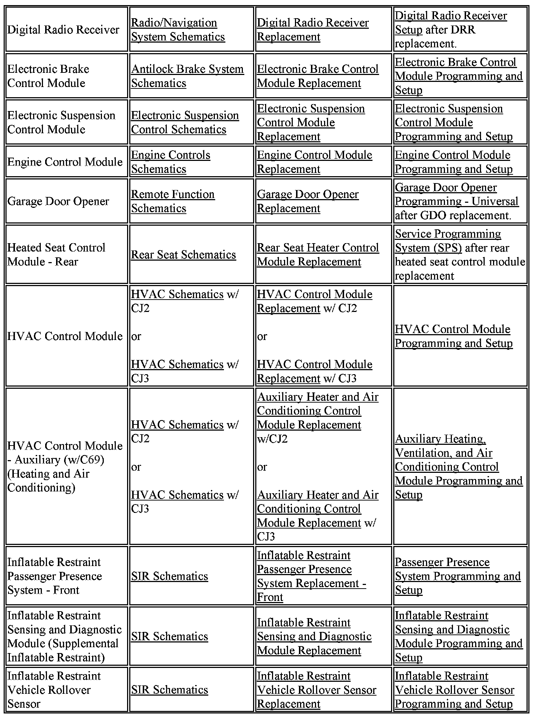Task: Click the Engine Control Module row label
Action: (65, 162)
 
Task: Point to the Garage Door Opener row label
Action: (58, 201)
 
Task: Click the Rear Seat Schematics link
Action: (184, 255)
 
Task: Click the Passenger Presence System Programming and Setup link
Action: (458, 576)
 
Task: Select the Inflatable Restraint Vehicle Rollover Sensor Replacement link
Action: (316, 690)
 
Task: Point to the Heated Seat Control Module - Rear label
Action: (56, 255)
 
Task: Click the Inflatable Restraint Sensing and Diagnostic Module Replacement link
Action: (314, 636)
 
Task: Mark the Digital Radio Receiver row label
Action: (63, 30)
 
